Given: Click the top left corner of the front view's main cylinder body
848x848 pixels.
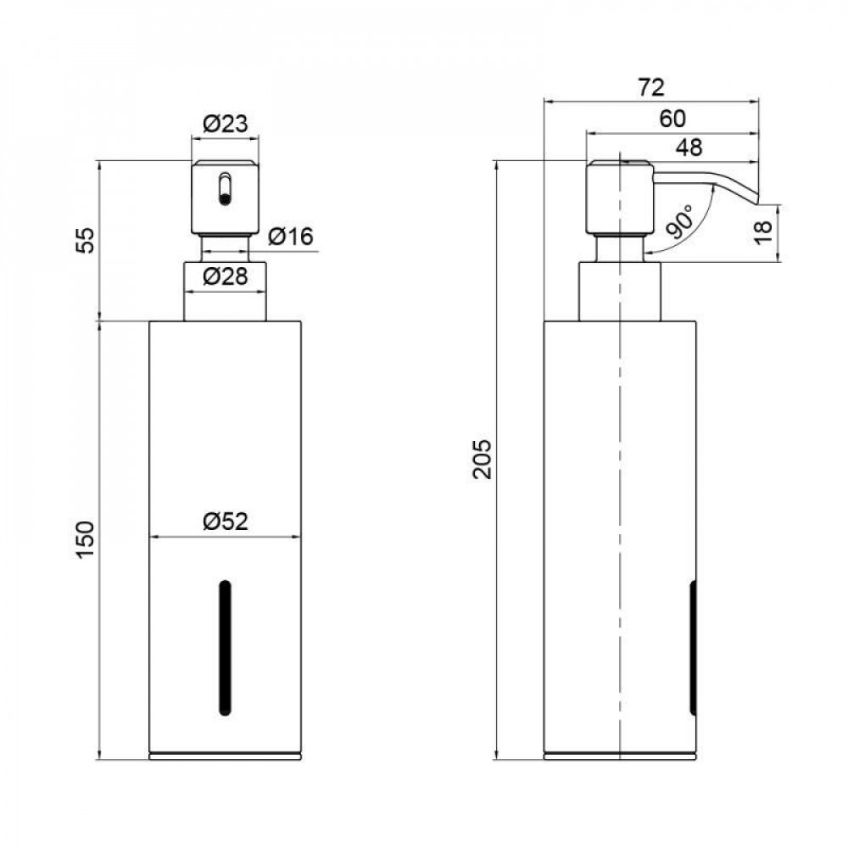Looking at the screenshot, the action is pyautogui.click(x=149, y=321).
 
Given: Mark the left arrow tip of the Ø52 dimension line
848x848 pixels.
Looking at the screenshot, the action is pyautogui.click(x=150, y=537).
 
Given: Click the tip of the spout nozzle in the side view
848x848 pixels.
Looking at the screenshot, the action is pyautogui.click(x=757, y=204).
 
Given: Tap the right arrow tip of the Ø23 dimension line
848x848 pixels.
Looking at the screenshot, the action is pyautogui.click(x=259, y=139).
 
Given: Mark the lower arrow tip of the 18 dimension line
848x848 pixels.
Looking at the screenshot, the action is pyautogui.click(x=778, y=262).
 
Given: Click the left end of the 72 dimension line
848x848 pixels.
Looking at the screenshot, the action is pyautogui.click(x=544, y=101).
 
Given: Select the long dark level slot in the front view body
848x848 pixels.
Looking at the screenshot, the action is pyautogui.click(x=225, y=648).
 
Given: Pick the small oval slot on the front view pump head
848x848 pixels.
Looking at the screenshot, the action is pyautogui.click(x=225, y=189).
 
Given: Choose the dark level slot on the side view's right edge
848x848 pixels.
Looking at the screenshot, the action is pyautogui.click(x=693, y=648).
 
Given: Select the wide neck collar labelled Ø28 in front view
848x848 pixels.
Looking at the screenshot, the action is pyautogui.click(x=225, y=292).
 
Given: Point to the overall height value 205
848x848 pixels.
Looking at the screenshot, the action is pyautogui.click(x=482, y=459).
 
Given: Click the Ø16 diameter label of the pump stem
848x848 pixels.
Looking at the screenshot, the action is pyautogui.click(x=291, y=237).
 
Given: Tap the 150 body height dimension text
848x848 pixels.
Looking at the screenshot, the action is pyautogui.click(x=85, y=540).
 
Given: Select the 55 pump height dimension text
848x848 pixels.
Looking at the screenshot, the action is pyautogui.click(x=85, y=240).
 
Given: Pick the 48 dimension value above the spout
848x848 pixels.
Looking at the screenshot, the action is pyautogui.click(x=689, y=147).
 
